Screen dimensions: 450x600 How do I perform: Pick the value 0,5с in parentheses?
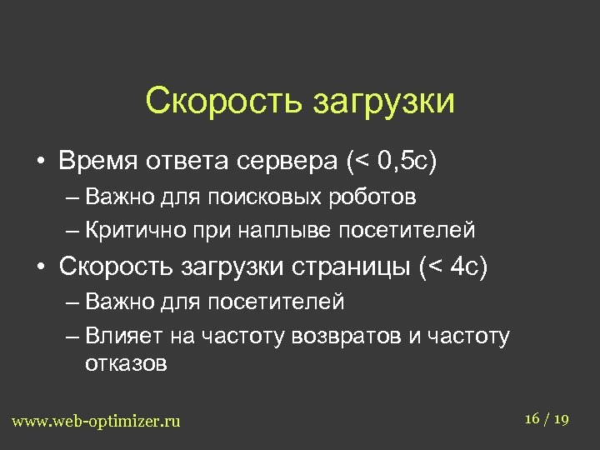(399, 161)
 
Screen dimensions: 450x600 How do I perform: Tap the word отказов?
(126, 363)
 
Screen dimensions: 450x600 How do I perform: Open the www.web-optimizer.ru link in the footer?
(96, 421)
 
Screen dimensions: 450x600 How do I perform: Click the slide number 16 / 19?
(547, 418)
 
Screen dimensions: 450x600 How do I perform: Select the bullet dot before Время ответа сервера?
(39, 162)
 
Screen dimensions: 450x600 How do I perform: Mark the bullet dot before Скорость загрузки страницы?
(39, 267)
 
